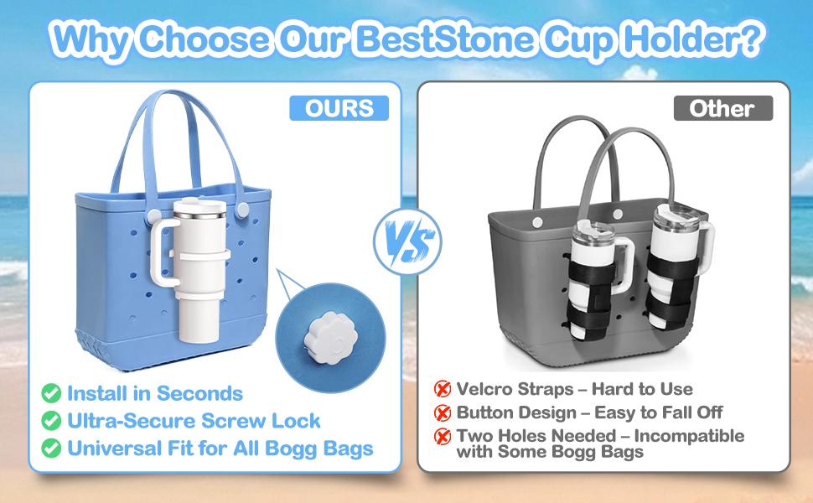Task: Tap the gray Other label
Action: click(722, 108)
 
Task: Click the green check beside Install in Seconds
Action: click(52, 393)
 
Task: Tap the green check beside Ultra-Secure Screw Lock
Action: click(52, 421)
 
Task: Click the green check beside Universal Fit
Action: click(52, 449)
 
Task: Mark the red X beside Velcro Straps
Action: click(442, 389)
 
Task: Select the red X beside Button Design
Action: click(442, 412)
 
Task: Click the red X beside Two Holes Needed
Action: click(442, 437)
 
